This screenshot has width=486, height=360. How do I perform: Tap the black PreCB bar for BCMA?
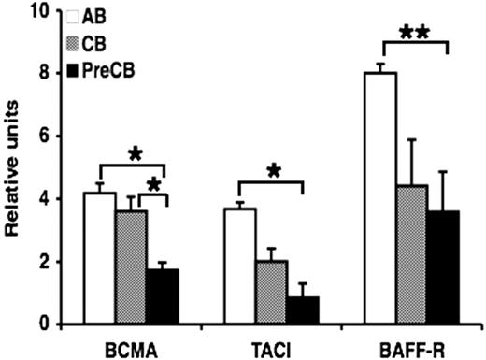164,296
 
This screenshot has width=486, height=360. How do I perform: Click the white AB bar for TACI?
241,266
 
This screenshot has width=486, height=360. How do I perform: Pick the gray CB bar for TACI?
273,293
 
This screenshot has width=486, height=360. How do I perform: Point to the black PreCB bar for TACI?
305,310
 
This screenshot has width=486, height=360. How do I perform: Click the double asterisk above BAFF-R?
413,33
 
